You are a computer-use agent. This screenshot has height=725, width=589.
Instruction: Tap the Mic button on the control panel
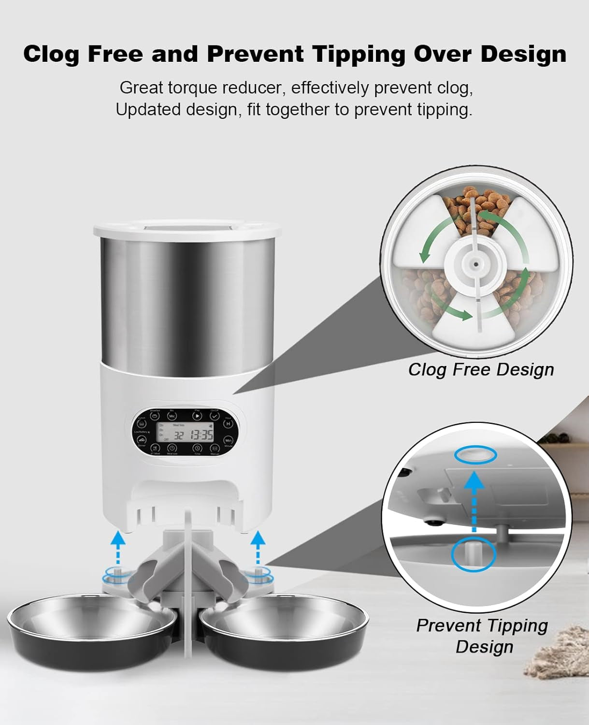pos(172,416)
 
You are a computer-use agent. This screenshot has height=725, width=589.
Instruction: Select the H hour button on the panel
pos(228,424)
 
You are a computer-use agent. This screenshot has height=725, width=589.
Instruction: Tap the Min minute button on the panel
pos(229,440)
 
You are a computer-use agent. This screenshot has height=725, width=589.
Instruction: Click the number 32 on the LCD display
pos(179,435)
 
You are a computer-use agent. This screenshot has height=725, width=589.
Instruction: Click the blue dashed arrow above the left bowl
pos(115,547)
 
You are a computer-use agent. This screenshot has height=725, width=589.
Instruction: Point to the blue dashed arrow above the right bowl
pos(259,547)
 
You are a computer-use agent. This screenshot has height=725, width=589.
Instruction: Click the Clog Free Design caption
pos(481,369)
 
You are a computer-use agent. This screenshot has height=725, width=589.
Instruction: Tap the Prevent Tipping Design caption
pos(482,636)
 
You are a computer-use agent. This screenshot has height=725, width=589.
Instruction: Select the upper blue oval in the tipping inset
pos(476,455)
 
